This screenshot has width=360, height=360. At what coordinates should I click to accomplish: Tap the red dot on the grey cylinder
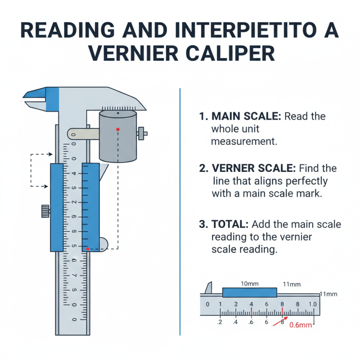(x=117, y=129)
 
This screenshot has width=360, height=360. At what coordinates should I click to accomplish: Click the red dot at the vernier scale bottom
(x=88, y=248)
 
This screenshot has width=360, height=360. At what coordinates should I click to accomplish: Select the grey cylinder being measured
(x=117, y=137)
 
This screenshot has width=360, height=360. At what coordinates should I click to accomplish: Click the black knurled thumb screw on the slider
(x=45, y=211)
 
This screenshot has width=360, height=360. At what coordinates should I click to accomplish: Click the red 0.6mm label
(x=300, y=325)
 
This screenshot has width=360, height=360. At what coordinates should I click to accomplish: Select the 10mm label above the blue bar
(x=250, y=284)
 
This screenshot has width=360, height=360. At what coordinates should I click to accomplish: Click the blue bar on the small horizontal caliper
(x=250, y=292)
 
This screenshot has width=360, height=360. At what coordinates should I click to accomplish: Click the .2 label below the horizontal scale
(x=220, y=322)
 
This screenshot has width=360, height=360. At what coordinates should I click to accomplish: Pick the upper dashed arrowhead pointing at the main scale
(x=50, y=154)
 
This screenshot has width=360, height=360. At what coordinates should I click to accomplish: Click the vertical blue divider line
(x=180, y=211)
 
